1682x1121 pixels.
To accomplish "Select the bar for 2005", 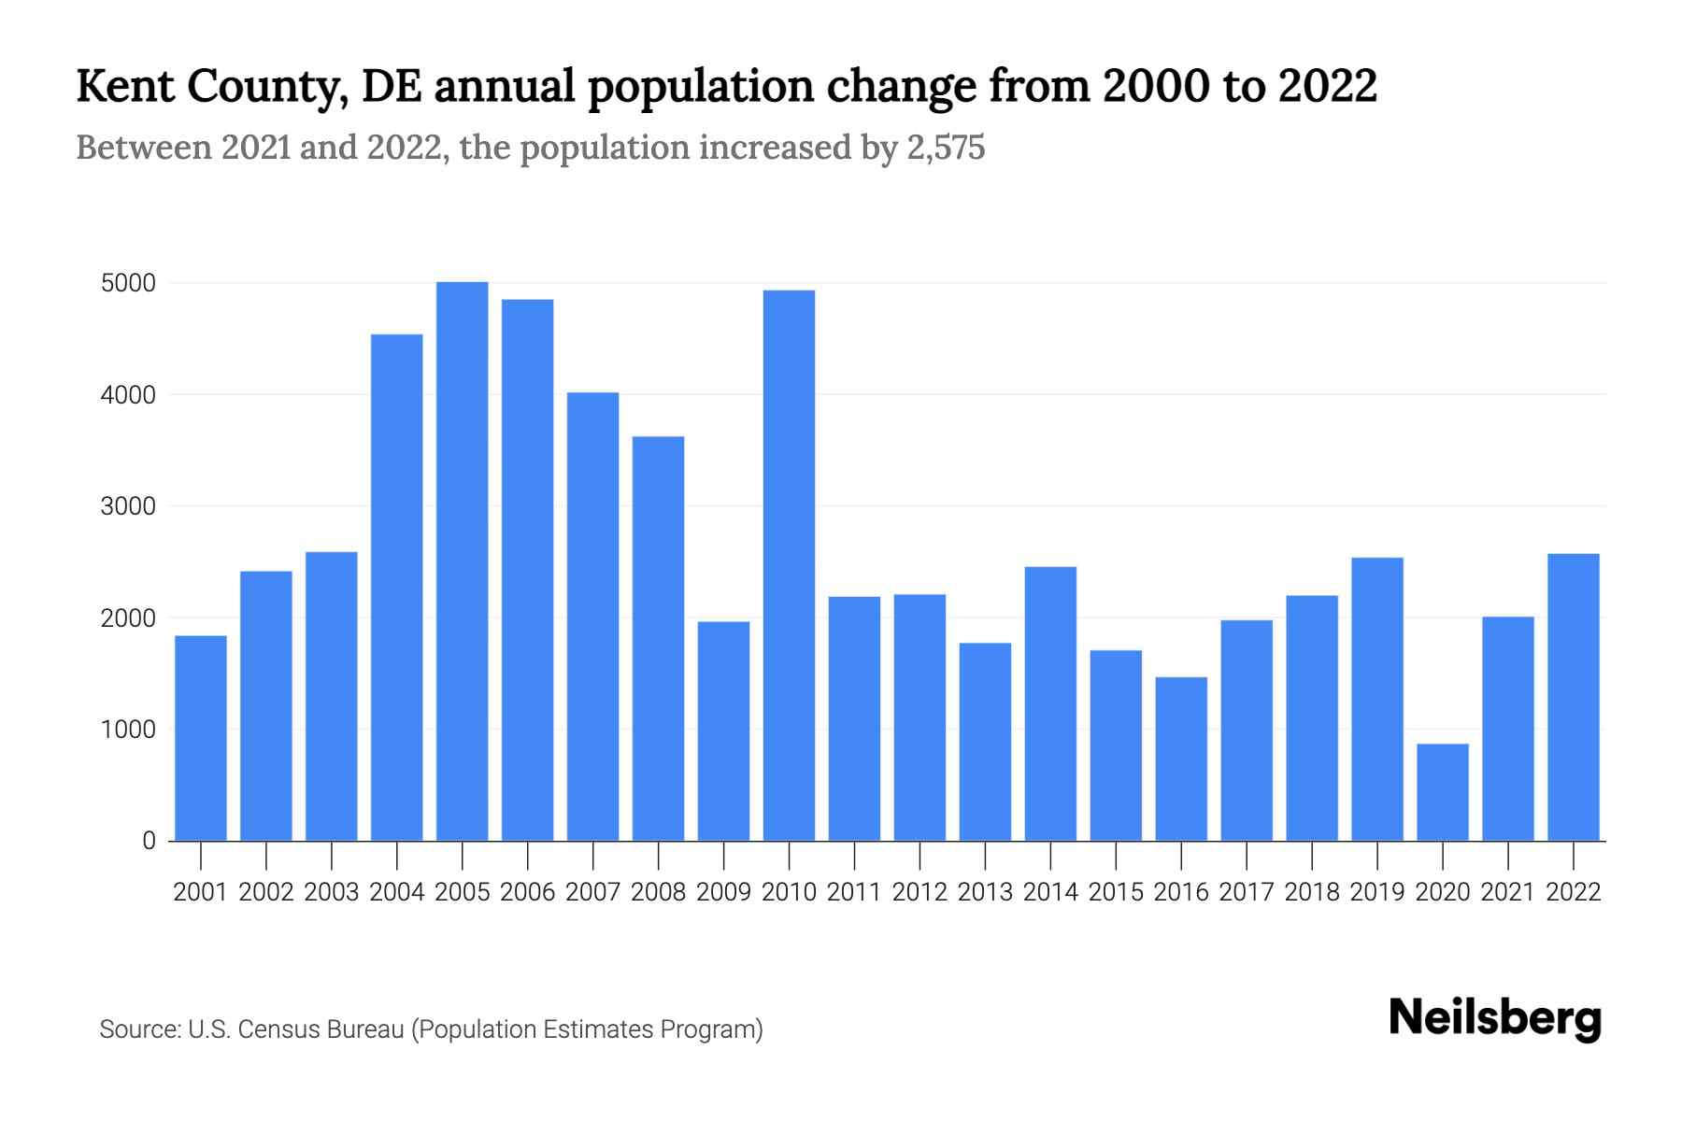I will tap(462, 560).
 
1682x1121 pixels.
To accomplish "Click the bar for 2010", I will tap(789, 565).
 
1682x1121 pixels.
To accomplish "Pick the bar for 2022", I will tap(1573, 697).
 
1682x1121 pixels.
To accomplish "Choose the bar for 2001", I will tap(201, 738).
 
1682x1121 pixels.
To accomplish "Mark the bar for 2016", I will tap(1181, 759).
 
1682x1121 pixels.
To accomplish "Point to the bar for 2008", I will tap(658, 638).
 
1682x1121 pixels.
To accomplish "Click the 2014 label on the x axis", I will tap(1050, 892).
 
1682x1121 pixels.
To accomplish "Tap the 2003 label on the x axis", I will tap(332, 892).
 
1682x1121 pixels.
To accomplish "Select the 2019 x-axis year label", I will tap(1377, 892).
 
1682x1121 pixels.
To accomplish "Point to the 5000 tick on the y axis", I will tap(128, 283).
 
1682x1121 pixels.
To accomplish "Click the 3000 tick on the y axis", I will tap(128, 506).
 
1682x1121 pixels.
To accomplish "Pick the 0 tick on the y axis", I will tap(149, 841).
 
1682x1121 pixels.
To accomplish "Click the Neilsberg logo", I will tap(1495, 1018).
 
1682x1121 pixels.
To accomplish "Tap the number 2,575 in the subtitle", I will tap(946, 148).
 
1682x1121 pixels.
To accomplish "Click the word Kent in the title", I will tap(126, 86).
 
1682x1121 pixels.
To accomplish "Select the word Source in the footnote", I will tap(139, 1029).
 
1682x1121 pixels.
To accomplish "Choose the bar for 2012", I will tap(919, 717).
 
